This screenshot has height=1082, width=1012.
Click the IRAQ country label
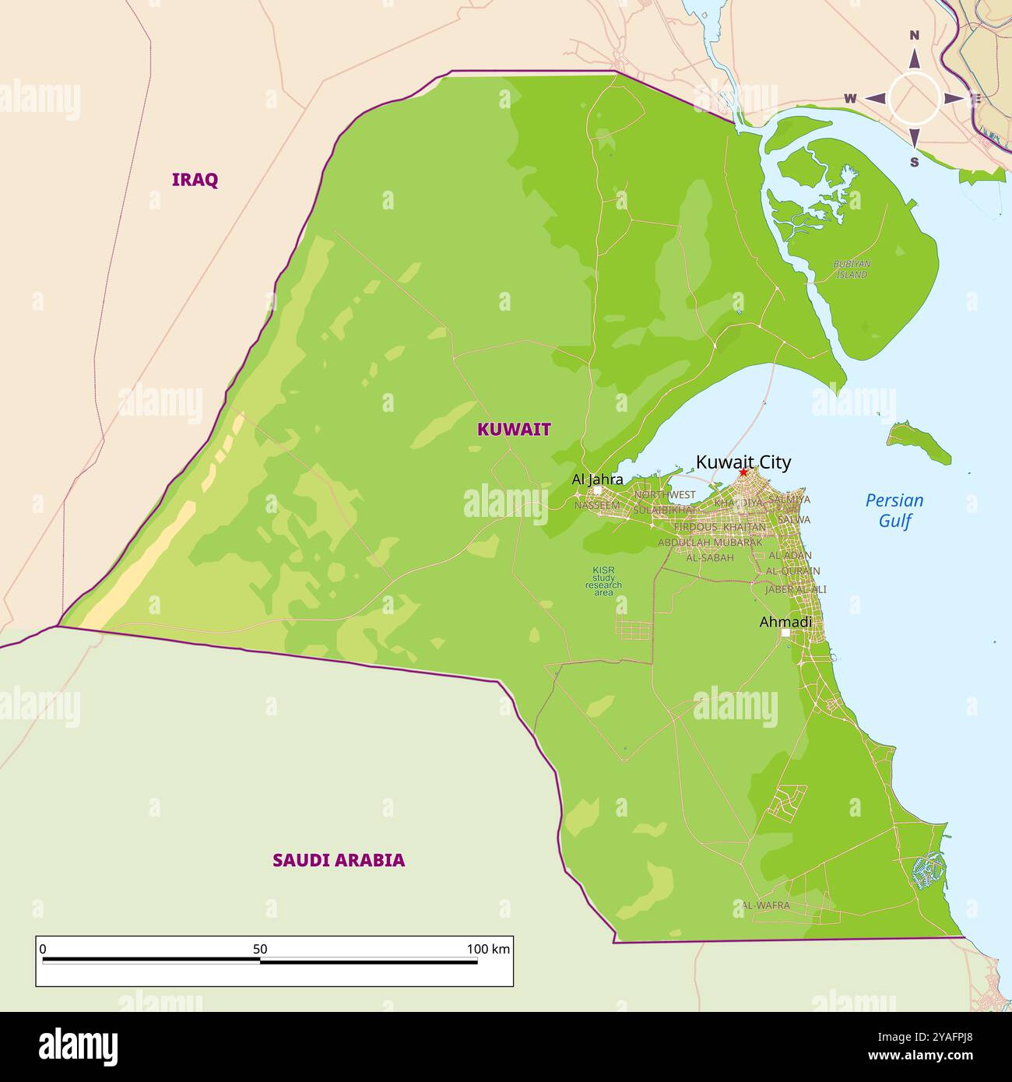tap(195, 180)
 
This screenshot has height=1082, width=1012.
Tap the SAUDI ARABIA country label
tap(338, 860)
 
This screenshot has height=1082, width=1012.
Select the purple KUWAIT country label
tap(514, 430)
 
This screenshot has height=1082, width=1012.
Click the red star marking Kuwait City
tap(743, 472)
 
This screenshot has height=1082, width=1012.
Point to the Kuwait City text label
tap(743, 462)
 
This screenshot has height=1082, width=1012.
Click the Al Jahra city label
tap(597, 480)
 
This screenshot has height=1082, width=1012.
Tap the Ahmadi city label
tap(785, 622)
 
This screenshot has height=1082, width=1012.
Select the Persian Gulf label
tap(894, 511)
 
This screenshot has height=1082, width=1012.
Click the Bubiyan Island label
tap(851, 269)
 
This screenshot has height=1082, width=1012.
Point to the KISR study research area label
tap(603, 581)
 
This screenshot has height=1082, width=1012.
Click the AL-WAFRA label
tap(765, 905)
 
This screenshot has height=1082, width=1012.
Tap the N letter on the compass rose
tap(915, 36)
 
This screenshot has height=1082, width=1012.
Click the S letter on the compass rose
tap(915, 162)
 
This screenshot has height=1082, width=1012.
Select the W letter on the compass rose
tap(850, 99)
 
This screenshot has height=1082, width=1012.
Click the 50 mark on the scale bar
tap(260, 949)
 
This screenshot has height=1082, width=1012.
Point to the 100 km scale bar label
tap(488, 949)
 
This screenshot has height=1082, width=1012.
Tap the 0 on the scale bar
tap(43, 949)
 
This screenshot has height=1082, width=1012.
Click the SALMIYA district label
tap(789, 500)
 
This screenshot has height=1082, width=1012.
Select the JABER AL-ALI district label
tap(795, 590)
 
